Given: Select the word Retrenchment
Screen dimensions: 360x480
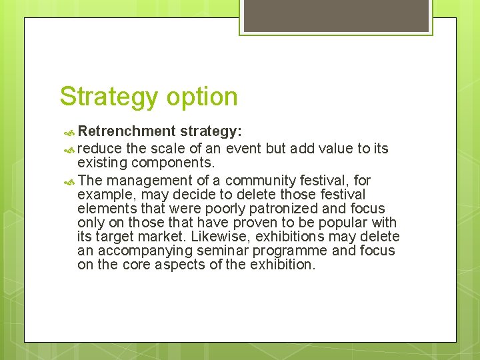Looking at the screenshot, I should [126, 131].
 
